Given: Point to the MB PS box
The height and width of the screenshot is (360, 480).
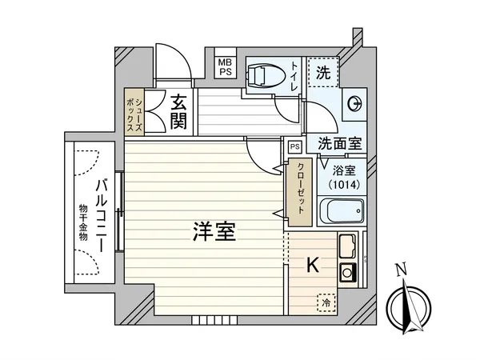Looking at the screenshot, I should click(225, 65).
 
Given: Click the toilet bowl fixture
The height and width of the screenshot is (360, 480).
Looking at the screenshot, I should click(261, 74).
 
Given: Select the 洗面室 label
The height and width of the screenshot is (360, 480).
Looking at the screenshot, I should click(339, 144).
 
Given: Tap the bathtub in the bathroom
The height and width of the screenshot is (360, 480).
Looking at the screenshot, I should click(341, 212).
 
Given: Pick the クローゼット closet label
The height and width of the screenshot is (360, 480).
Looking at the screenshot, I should click(300, 189).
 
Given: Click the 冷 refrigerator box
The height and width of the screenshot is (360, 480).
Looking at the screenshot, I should click(326, 302).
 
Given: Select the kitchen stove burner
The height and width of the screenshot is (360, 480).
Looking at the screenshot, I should click(350, 271).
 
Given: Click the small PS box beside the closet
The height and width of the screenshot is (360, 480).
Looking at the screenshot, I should click(294, 146).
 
